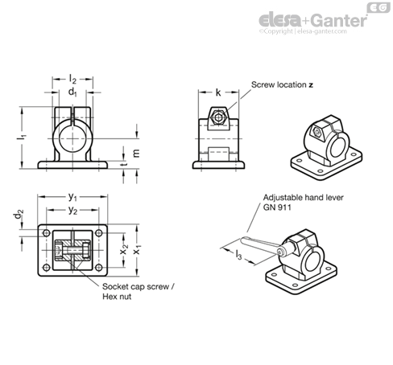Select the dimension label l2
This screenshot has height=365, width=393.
pos(74,78)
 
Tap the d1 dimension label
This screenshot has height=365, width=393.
pos(73,92)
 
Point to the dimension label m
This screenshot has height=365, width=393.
pos(135,153)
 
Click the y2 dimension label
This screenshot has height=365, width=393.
pos(72,210)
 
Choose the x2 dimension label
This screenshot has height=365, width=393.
pos(122,252)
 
